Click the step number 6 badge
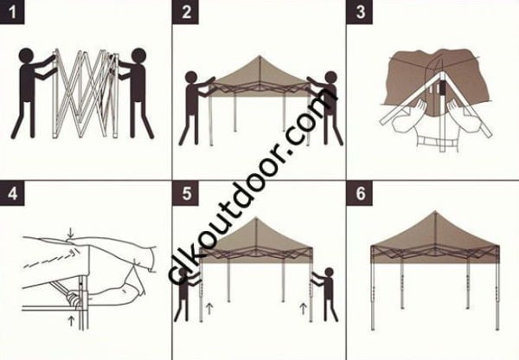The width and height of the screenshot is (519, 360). coord(359,192)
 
